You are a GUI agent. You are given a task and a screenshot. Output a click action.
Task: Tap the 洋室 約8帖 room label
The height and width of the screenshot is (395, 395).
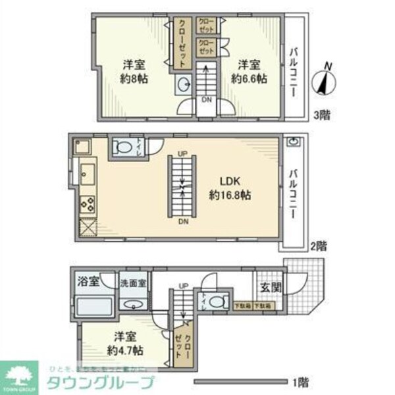tap(133, 72)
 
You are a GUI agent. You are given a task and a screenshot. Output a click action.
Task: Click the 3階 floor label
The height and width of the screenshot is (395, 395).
tap(322, 115)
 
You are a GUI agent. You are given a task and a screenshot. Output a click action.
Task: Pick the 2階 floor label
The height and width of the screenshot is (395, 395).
tap(318, 246)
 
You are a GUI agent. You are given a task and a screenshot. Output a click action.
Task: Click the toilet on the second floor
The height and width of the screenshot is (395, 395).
tap(122, 147)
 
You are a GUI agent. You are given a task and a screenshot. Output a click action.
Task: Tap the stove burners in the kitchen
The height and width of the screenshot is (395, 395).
tap(87, 204)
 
